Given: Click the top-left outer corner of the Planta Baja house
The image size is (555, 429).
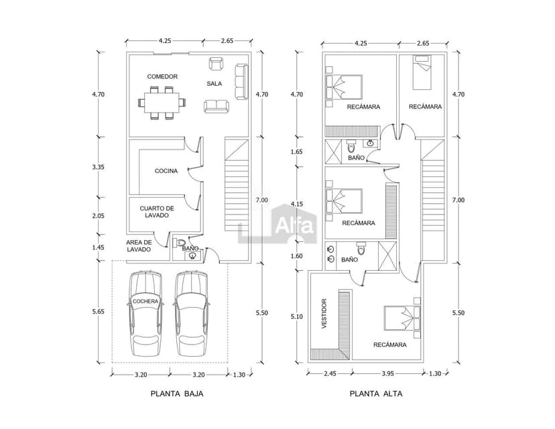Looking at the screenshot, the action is coord(127,52).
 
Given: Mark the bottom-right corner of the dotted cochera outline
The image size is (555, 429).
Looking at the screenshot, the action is coord(228,363).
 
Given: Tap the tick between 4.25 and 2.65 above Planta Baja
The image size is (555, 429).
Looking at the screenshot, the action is coord(203,41).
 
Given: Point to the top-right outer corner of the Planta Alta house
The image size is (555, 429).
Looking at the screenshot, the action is coord(446,52).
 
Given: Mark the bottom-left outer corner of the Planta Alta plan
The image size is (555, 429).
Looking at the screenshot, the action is coord(308,363).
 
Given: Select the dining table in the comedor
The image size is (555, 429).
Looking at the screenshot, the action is coord(162,103).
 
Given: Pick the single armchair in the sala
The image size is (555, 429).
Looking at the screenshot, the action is coord(217,64).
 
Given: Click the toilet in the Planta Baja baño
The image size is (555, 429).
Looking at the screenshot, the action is coord(179,243).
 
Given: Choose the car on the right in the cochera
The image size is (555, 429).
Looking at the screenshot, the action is coord(191,314).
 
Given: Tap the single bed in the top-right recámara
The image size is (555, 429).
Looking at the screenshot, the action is coord(422,72).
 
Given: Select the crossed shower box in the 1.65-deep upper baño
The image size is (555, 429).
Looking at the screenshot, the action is coord(333,152).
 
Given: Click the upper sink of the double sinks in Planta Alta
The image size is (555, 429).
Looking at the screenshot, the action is coord(331,249).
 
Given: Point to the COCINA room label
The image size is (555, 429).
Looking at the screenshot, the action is coord(166,171).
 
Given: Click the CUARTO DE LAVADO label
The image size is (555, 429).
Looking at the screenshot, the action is coord(157,212).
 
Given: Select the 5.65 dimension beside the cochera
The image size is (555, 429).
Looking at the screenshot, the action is coord(98,312).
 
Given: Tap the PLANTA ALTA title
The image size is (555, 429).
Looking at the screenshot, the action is coord(376,393).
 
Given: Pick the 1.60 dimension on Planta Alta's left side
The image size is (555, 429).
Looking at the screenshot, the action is coord(297,256).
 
